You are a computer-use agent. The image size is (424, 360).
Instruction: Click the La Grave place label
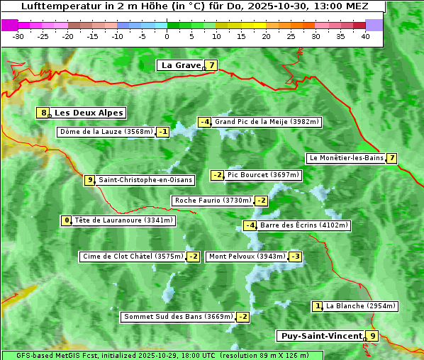click(x=181, y=65)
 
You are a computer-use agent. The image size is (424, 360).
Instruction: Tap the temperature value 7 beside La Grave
click(x=211, y=65)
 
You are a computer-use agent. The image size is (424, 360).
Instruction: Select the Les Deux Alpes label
click(x=89, y=113)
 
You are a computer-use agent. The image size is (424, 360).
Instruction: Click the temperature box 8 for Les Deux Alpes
click(x=44, y=113)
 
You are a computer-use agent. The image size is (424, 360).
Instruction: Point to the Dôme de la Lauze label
click(x=106, y=132)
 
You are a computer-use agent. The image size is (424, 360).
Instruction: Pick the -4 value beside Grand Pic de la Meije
click(x=205, y=122)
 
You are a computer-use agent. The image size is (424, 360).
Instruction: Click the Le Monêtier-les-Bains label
click(x=346, y=158)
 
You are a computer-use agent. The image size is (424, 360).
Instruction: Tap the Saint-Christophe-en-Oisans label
click(x=145, y=180)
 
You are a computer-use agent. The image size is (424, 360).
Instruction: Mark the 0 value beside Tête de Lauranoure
click(x=67, y=220)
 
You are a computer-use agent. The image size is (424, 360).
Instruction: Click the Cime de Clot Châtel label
click(x=133, y=257)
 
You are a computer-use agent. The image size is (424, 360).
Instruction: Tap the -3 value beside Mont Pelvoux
click(x=295, y=257)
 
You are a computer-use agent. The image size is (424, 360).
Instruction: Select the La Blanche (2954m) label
click(x=360, y=306)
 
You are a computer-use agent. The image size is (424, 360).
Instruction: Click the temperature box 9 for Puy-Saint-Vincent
click(x=373, y=336)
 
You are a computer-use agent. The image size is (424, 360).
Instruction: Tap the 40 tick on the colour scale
click(x=365, y=35)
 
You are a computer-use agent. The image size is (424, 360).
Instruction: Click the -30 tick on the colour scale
click(x=18, y=35)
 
